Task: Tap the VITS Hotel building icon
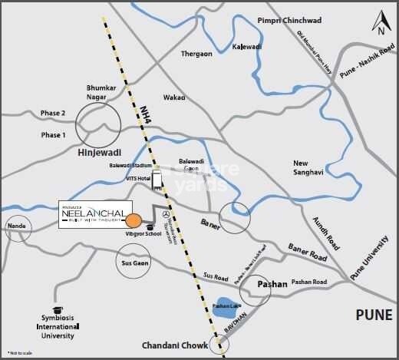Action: click(157, 179)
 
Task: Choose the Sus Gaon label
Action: click(135, 263)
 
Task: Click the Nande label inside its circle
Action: click(15, 226)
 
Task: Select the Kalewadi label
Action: click(247, 47)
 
